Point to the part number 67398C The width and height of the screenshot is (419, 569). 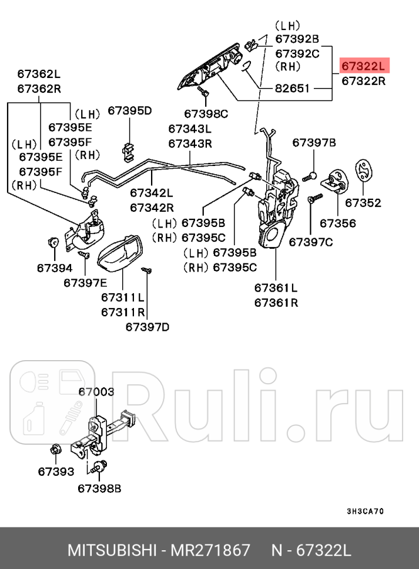click(206, 113)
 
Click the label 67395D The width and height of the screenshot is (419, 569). click(129, 110)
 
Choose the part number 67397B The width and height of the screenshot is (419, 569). click(314, 143)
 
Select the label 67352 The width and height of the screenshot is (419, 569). click(363, 203)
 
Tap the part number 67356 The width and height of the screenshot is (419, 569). click(337, 223)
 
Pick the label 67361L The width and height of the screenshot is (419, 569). click(276, 287)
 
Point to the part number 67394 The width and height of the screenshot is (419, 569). click(54, 267)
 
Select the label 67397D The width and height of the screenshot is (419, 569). click(147, 327)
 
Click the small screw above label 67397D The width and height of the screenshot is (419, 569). click(146, 270)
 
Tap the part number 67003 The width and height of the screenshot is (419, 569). click(96, 392)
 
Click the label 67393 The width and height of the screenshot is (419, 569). click(56, 471)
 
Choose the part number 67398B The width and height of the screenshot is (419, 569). click(99, 487)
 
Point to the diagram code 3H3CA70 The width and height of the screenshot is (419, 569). click(365, 511)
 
